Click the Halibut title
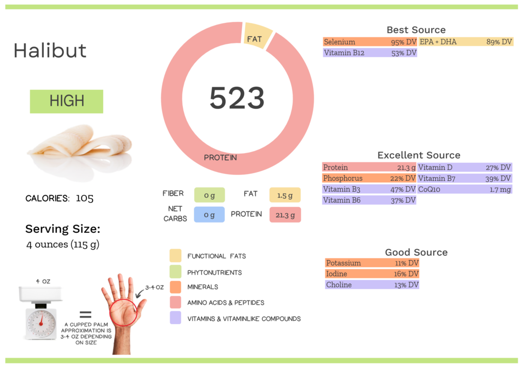coord(50,51)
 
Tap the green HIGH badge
coord(66,101)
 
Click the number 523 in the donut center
coord(237,97)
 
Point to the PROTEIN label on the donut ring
coord(220,158)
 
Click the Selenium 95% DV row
coord(370,42)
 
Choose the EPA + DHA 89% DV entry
coord(465,42)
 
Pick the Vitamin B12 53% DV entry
coord(370,53)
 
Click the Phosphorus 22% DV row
coord(369,178)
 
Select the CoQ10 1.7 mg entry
coord(464,189)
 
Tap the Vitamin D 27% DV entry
coord(464,167)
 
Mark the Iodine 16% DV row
coord(372,274)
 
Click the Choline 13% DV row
coord(372,284)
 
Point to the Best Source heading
coord(416,30)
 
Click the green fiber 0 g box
coord(209,194)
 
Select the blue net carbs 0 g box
coord(209,215)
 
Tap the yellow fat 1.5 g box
coord(285,194)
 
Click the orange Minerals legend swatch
coord(175,287)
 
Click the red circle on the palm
coord(123,312)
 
